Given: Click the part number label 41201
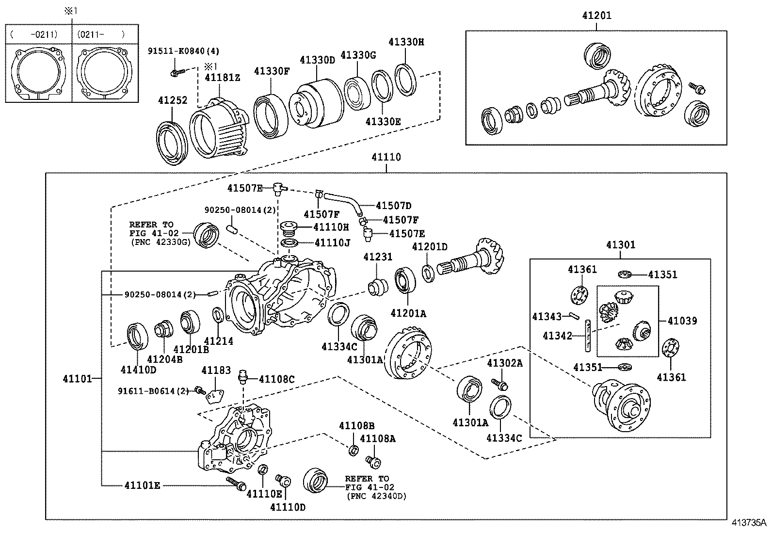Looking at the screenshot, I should tap(596, 16).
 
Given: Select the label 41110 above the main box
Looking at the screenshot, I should tap(386, 157).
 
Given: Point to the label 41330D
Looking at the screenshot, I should tap(317, 60).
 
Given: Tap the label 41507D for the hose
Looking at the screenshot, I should tap(393, 206).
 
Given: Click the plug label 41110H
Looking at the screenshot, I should tap(331, 226).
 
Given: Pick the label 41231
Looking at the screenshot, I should tap(378, 257).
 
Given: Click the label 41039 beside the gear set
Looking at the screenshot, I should tap(682, 321).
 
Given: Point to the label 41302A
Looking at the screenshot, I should tap(505, 363).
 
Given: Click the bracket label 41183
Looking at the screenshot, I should tap(216, 371).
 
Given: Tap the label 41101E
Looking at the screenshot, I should tap(142, 485).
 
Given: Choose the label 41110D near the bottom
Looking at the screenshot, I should tap(288, 507).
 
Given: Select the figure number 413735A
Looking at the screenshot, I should tap(749, 523).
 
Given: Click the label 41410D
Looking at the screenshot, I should tap(139, 370).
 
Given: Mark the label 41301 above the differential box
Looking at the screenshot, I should tap(620, 245).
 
